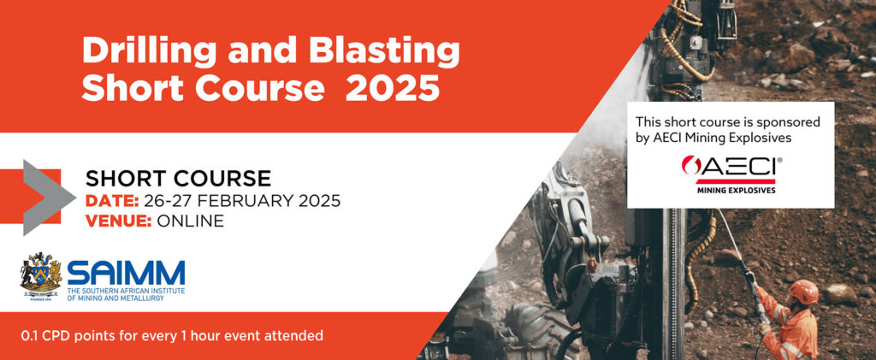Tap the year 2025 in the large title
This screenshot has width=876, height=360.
pos(392,89)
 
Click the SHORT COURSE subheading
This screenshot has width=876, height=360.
pos(178,178)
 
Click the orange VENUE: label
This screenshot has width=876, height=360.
pos(118,221)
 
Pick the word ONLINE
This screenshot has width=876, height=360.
pos(191,221)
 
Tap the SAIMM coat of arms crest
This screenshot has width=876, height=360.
pos(41,277)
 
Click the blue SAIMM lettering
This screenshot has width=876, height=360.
pos(126,273)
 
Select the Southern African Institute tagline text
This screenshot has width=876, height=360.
pos(125,295)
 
